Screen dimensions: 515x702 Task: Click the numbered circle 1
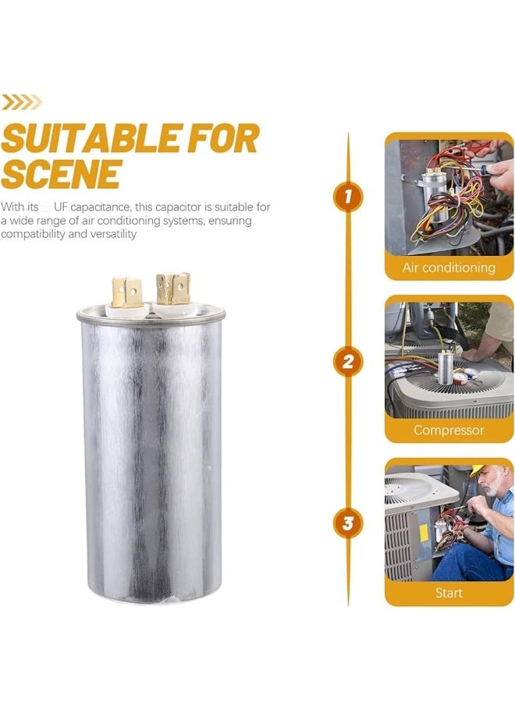(347, 197)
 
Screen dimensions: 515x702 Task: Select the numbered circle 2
(347, 361)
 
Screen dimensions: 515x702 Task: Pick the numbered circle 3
(347, 523)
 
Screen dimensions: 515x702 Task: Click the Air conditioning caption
(449, 268)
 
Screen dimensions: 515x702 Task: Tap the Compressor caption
(449, 431)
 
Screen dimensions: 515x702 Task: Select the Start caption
(449, 593)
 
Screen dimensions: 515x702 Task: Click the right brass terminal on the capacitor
(173, 289)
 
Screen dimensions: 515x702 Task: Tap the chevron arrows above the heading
(22, 102)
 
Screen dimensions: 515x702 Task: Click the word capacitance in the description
(101, 207)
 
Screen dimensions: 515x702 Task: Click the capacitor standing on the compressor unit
(445, 367)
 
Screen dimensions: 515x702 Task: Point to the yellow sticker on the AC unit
(423, 532)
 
